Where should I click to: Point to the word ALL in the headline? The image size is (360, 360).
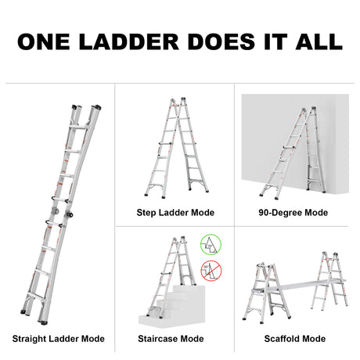click(x=314, y=41)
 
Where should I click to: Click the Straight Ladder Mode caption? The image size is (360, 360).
click(x=58, y=339)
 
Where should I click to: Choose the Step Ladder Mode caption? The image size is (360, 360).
click(x=175, y=212)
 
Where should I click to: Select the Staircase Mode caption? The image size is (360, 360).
click(x=175, y=339)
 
